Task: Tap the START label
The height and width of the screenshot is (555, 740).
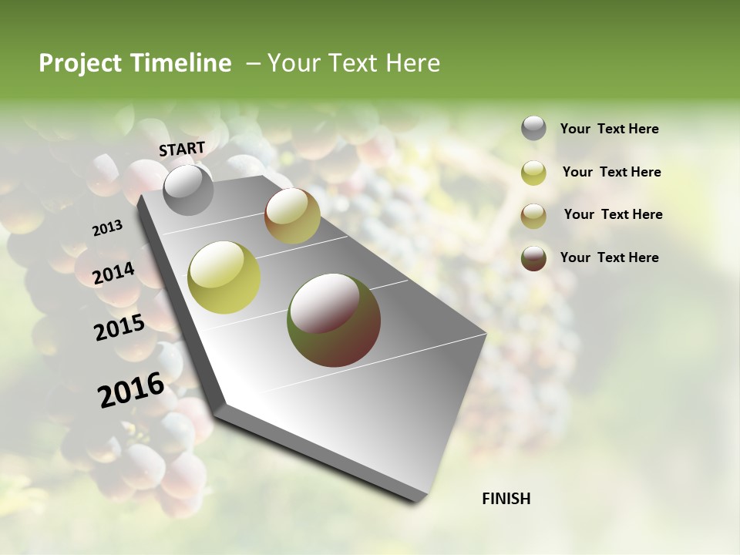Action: (182, 149)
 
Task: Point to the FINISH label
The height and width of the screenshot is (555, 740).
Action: (506, 499)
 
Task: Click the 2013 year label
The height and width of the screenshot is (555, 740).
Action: (107, 228)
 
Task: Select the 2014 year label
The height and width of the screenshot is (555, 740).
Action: (113, 273)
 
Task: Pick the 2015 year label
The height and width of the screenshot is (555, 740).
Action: (119, 328)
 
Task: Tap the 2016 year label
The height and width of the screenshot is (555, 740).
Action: (130, 390)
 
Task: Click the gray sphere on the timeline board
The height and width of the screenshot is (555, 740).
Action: (189, 190)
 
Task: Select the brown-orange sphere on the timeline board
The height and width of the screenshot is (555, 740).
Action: (292, 216)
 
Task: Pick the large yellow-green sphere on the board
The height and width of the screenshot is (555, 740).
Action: (224, 276)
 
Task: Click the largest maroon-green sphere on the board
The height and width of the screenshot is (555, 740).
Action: (334, 320)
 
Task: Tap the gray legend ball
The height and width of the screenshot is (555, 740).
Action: (533, 129)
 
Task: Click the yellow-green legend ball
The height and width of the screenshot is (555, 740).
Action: (533, 173)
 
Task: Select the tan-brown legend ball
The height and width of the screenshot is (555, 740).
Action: (533, 215)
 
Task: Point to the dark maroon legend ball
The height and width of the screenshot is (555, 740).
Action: (533, 258)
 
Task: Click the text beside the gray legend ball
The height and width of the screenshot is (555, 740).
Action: (609, 129)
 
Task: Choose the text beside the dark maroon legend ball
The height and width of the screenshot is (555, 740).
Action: (609, 257)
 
